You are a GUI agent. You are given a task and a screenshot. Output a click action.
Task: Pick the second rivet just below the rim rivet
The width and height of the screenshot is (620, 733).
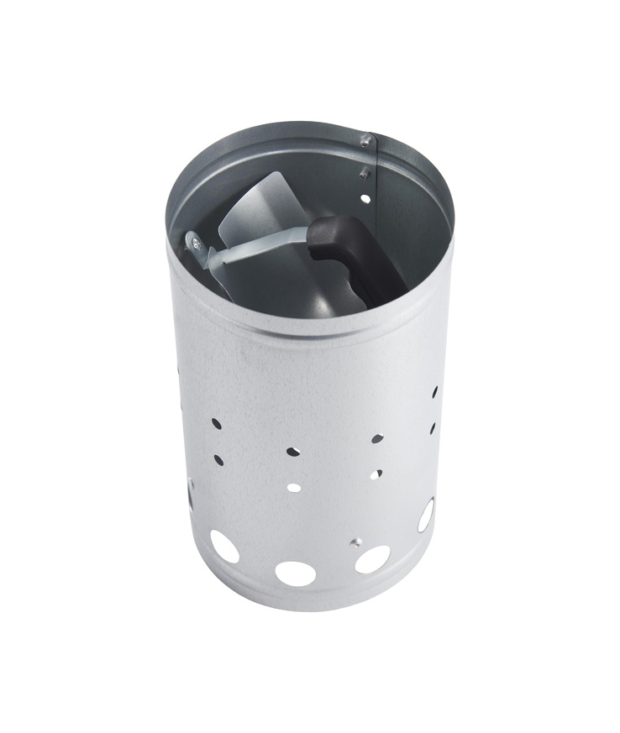click(x=364, y=174)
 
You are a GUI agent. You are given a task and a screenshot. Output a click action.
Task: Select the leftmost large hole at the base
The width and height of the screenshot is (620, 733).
click(x=224, y=547)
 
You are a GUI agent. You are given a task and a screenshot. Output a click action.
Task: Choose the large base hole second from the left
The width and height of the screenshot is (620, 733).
click(x=296, y=573)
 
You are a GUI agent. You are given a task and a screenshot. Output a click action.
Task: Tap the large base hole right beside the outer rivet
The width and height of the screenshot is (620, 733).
click(x=372, y=559)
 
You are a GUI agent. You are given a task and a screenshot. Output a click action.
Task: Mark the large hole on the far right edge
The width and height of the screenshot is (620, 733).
click(x=426, y=515)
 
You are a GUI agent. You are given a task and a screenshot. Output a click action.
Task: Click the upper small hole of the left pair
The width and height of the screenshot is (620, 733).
click(x=217, y=423)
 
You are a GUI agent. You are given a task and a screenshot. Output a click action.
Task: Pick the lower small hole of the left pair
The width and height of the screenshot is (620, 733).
click(x=218, y=460)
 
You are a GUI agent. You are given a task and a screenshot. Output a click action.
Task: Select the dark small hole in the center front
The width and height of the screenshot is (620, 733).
click(x=292, y=451)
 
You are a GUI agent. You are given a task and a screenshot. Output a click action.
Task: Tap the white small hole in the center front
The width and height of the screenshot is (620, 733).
click(x=294, y=486)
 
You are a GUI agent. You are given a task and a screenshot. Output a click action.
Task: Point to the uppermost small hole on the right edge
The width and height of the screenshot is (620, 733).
click(x=435, y=392)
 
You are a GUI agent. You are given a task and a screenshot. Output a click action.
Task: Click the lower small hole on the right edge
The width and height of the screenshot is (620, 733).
click(x=433, y=427)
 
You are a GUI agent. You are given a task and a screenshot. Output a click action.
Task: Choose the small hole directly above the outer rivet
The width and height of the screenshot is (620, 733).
click(x=376, y=474)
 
